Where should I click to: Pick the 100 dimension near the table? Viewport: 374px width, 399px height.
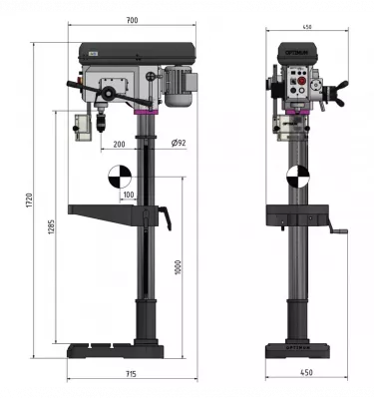[x=129, y=196]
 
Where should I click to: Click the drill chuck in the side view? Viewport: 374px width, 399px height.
[x=101, y=128]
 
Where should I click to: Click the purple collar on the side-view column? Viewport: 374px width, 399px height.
[x=148, y=113]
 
